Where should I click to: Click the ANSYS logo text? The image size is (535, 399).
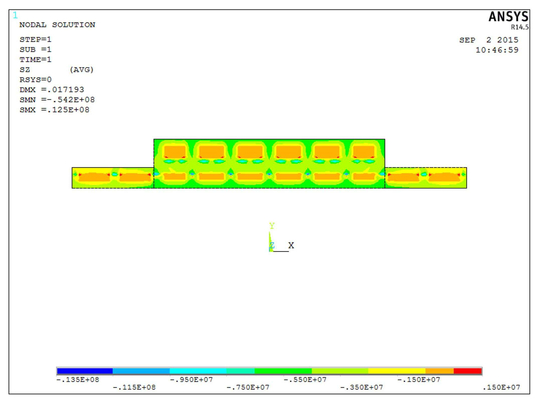(508, 17)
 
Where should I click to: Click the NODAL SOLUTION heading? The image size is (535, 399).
(57, 25)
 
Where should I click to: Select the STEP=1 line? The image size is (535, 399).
(35, 40)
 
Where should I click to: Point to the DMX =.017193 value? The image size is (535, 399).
(52, 90)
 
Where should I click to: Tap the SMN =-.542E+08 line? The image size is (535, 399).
(57, 100)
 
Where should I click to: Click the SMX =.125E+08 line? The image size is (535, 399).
(54, 110)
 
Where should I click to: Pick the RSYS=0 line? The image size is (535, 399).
(35, 80)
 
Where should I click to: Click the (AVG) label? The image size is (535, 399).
(82, 70)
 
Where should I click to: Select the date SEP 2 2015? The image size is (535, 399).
(489, 40)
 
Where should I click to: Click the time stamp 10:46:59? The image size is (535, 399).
(497, 50)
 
